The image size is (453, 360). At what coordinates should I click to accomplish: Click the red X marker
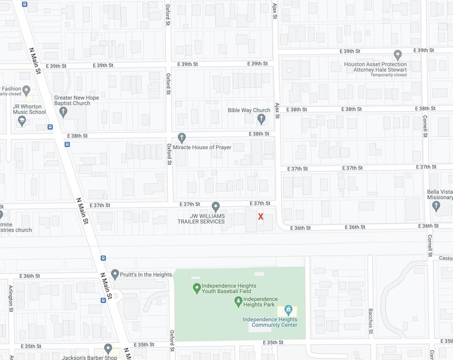tap(260, 217)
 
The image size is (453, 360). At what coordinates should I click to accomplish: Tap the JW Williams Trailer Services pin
tap(215, 207)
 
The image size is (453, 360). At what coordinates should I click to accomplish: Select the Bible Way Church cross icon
tap(261, 118)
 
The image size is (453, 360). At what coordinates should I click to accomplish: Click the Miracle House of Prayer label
tap(202, 147)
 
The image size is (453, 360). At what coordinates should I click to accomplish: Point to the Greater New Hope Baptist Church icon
tap(63, 112)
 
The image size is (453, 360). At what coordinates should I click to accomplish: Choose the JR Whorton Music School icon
tap(22, 121)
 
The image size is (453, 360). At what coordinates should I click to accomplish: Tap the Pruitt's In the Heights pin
tap(115, 274)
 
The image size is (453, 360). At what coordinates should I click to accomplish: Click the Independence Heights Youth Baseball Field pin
tap(196, 288)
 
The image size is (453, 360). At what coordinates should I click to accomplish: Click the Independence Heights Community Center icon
tap(288, 310)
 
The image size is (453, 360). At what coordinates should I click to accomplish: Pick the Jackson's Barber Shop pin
tap(108, 349)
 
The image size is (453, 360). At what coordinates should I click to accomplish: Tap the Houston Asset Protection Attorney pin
tap(398, 55)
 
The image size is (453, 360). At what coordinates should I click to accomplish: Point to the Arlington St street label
tap(10, 298)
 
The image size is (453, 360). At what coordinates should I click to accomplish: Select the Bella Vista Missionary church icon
tap(436, 206)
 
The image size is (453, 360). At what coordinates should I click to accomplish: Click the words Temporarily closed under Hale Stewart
tap(388, 75)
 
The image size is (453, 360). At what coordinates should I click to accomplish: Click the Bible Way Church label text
tap(249, 110)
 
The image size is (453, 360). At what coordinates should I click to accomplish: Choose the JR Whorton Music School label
tap(29, 109)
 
